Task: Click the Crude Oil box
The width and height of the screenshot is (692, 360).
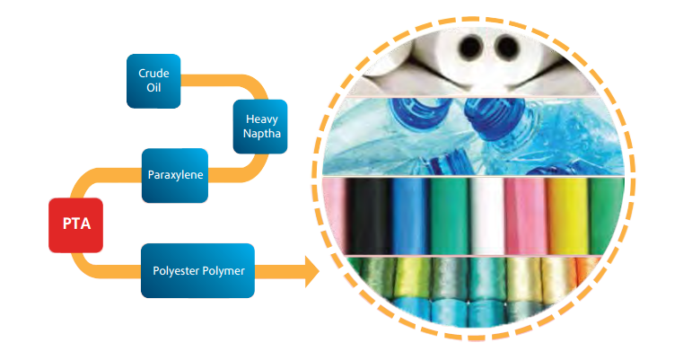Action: tap(153, 82)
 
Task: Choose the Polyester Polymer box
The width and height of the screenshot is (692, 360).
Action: tap(197, 270)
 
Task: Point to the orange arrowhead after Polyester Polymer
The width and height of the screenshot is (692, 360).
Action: tap(311, 270)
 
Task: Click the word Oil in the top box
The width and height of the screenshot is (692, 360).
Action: tap(153, 90)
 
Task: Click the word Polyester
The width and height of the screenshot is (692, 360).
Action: tap(176, 270)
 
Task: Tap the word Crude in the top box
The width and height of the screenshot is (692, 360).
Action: tap(153, 73)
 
